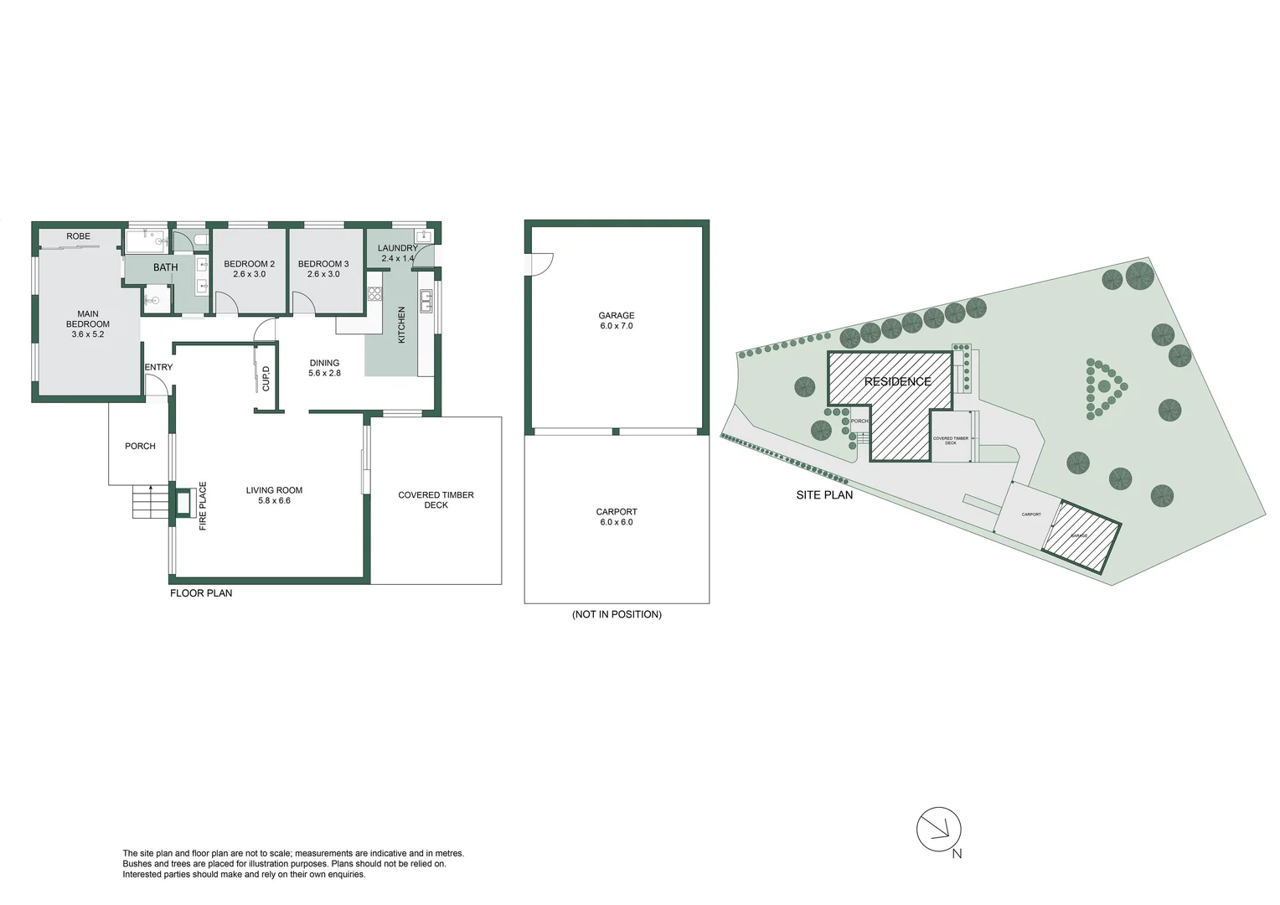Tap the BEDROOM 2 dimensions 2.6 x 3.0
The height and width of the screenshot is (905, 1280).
pyautogui.click(x=249, y=274)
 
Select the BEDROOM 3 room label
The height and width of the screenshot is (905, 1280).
pyautogui.click(x=323, y=264)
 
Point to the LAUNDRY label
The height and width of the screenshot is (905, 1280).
pyautogui.click(x=397, y=248)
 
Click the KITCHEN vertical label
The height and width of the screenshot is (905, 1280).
pyautogui.click(x=401, y=324)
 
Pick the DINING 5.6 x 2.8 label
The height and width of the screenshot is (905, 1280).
pyautogui.click(x=324, y=368)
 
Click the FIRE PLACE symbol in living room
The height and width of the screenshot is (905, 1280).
pyautogui.click(x=182, y=503)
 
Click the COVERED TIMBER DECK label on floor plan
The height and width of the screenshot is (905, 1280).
pyautogui.click(x=436, y=500)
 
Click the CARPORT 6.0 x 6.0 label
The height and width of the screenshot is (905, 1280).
pyautogui.click(x=617, y=517)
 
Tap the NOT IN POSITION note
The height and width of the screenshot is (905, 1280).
pyautogui.click(x=617, y=614)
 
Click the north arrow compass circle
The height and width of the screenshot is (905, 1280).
pyautogui.click(x=938, y=830)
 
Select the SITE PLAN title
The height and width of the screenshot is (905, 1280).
pyautogui.click(x=824, y=495)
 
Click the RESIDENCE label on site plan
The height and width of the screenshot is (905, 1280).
pyautogui.click(x=897, y=382)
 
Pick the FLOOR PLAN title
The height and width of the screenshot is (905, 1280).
pyautogui.click(x=201, y=593)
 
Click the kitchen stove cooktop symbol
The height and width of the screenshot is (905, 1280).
pyautogui.click(x=374, y=294)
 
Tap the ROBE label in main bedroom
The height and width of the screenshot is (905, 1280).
pyautogui.click(x=78, y=236)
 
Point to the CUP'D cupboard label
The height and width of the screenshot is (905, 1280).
pyautogui.click(x=266, y=379)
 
